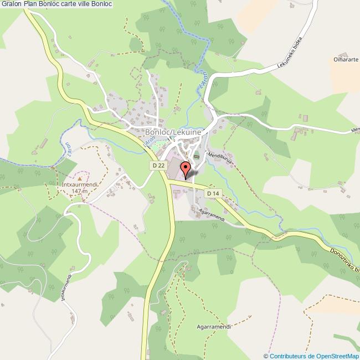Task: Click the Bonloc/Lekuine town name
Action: point(174,132)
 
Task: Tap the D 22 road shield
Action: point(158,165)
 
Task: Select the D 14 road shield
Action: point(213,193)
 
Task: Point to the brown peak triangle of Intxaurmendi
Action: point(80,178)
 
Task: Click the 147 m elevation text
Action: point(80,191)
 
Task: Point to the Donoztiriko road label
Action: point(344,259)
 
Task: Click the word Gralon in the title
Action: point(12,4)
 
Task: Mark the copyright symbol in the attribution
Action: point(266,356)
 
